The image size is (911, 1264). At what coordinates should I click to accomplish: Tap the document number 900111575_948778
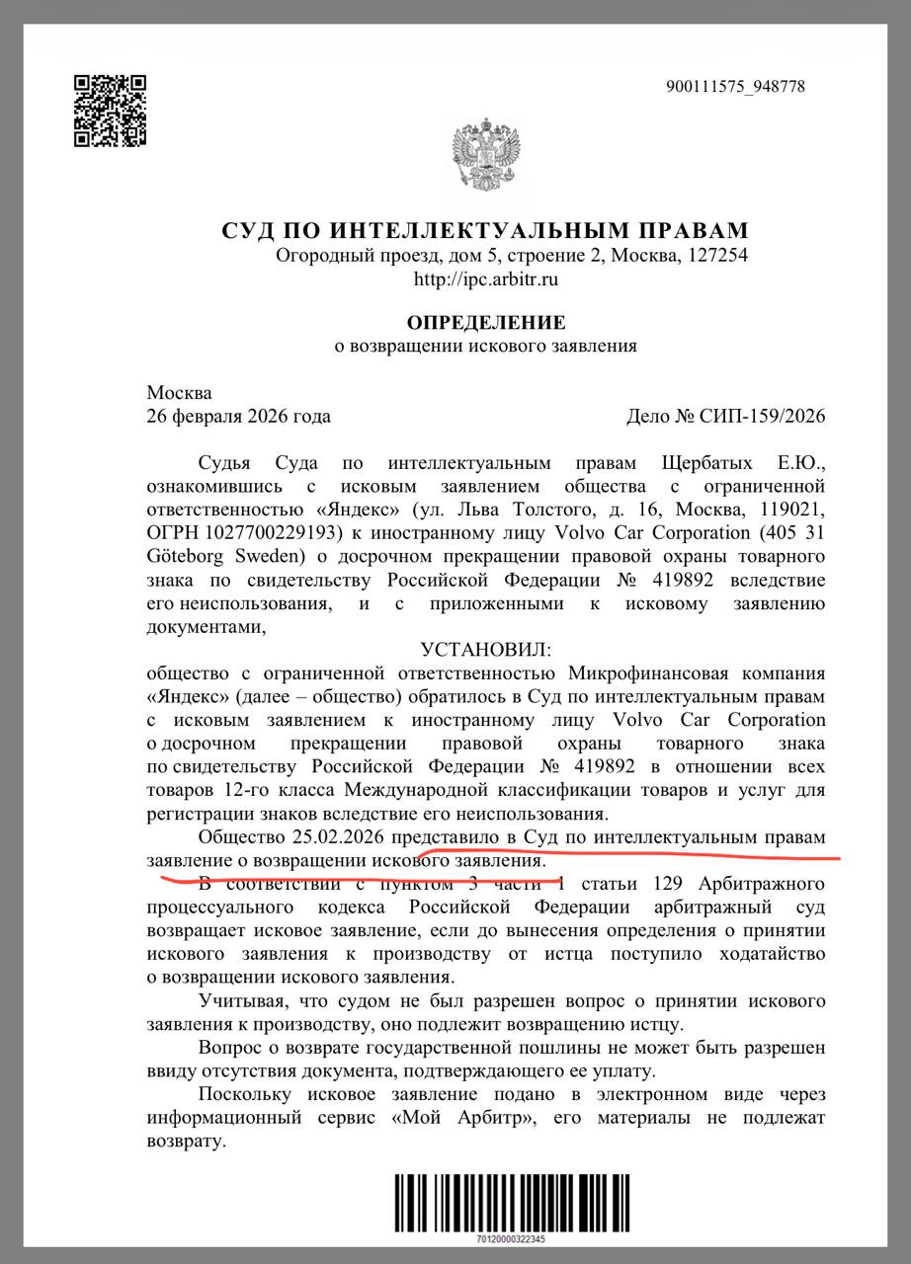[x=736, y=87]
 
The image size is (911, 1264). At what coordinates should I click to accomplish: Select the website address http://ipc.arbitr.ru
[x=486, y=279]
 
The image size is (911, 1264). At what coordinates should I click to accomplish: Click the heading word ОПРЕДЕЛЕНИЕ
[x=486, y=322]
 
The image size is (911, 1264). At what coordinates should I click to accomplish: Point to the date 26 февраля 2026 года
[x=238, y=416]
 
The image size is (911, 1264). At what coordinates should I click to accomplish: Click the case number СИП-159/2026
[x=764, y=416]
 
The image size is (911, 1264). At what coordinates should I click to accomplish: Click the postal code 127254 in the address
[x=718, y=256]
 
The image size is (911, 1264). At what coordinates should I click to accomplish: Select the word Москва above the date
[x=179, y=393]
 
